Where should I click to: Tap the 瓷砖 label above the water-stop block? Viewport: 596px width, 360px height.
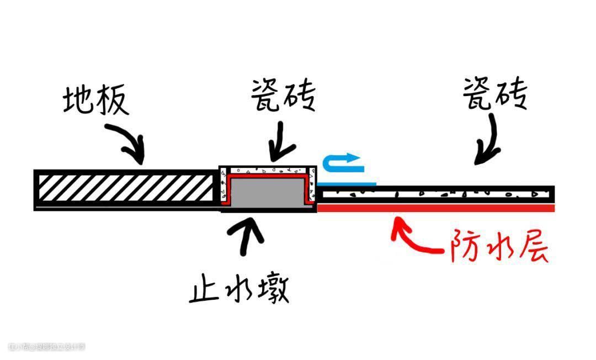283,96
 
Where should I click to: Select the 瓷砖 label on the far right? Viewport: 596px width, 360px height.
494,92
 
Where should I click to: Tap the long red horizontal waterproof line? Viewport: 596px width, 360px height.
436,208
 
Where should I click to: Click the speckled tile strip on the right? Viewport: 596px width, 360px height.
436,194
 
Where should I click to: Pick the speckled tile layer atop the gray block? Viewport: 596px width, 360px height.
268,170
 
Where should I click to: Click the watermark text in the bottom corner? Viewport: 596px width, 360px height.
47,347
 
